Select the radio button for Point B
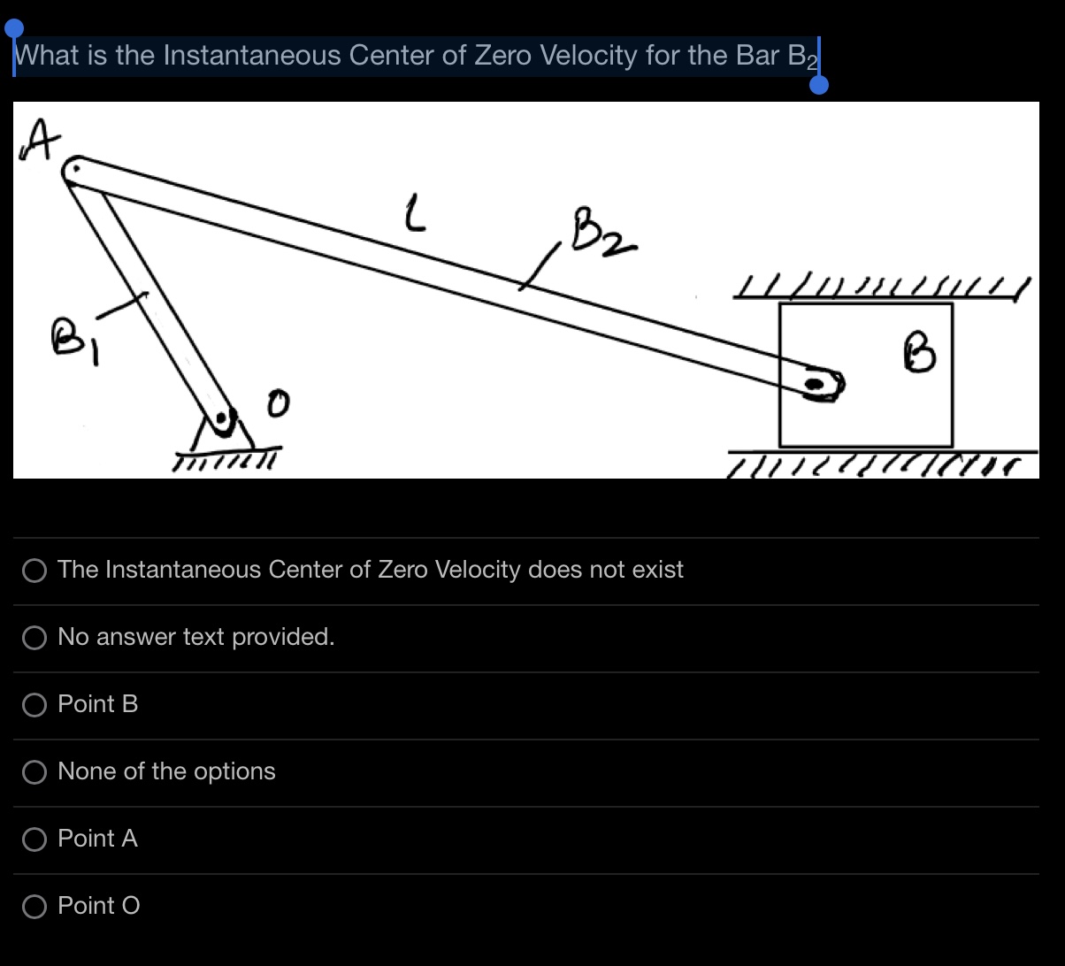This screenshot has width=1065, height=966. pyautogui.click(x=34, y=704)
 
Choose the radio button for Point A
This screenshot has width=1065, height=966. pyautogui.click(x=34, y=839)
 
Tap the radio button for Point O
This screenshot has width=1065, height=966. pyautogui.click(x=34, y=906)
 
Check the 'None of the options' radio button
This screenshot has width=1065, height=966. pyautogui.click(x=34, y=771)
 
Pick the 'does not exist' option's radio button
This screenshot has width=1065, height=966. pyautogui.click(x=34, y=570)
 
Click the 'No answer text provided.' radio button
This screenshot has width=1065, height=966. pyautogui.click(x=34, y=637)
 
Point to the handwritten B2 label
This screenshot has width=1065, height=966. pyautogui.click(x=601, y=232)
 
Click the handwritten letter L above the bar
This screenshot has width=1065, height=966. pyautogui.click(x=412, y=215)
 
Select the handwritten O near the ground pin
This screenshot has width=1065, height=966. pyautogui.click(x=278, y=405)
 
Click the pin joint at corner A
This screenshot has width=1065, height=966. pyautogui.click(x=77, y=168)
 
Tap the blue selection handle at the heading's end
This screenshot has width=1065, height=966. pyautogui.click(x=819, y=84)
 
